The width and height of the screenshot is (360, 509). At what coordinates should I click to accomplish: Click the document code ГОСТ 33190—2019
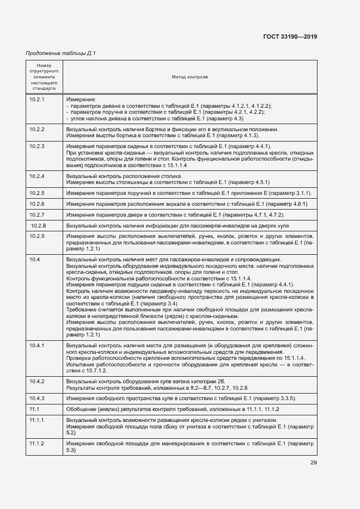point(290,37)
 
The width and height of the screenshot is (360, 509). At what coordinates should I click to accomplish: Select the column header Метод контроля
point(190,78)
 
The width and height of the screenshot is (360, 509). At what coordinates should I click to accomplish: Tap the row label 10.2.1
point(36,100)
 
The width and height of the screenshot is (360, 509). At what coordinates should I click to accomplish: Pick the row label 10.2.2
point(36,130)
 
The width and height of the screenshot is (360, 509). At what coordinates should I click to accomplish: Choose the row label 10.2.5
point(36,193)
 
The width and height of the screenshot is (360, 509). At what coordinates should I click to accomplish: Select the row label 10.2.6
point(36,204)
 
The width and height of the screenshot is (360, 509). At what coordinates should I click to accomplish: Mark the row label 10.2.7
point(36,215)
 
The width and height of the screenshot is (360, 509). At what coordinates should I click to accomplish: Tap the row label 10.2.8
point(38,225)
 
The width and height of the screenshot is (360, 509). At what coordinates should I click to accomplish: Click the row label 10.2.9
point(36,236)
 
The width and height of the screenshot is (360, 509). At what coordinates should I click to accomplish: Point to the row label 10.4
point(34,259)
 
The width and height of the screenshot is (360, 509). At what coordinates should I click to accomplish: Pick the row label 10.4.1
point(36,346)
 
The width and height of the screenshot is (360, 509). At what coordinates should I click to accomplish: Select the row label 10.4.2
point(36,381)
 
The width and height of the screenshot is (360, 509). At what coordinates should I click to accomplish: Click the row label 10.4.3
point(36,398)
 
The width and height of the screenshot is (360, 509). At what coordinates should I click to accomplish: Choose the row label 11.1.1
point(36,420)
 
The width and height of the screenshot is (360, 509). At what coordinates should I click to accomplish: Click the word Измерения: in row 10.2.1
point(81,100)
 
